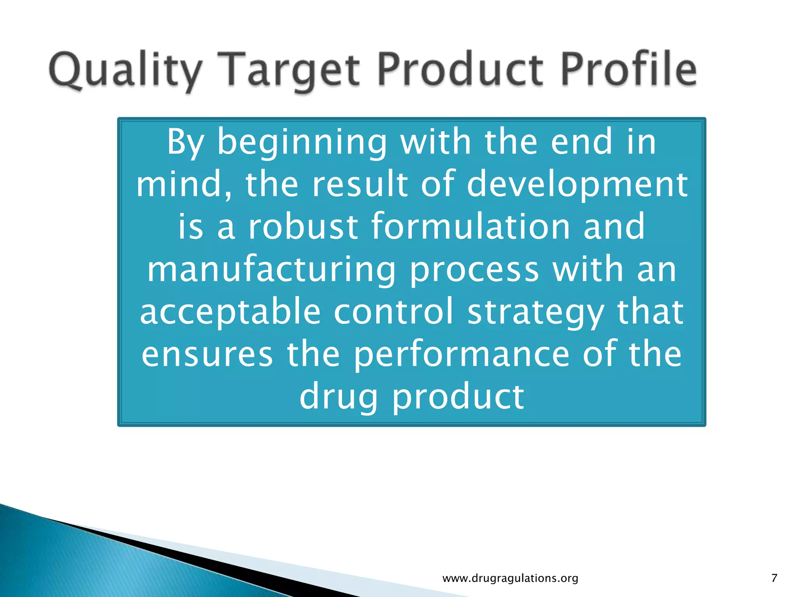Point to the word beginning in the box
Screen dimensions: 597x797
pos(302,143)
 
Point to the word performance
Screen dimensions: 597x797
pos(462,355)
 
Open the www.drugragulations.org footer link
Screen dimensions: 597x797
pos(510,578)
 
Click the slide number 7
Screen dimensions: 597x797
pos(774,578)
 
